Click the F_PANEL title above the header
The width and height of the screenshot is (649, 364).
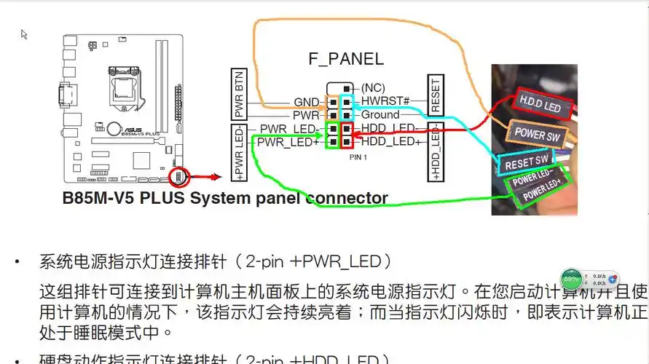click(x=345, y=60)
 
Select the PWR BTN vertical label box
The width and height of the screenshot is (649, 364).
click(x=239, y=95)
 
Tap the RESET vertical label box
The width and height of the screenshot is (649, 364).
click(x=436, y=95)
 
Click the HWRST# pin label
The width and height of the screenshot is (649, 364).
click(x=385, y=101)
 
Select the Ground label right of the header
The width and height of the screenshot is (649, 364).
click(x=380, y=114)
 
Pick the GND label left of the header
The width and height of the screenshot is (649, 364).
click(x=307, y=102)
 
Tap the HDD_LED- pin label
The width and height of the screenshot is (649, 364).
click(x=387, y=128)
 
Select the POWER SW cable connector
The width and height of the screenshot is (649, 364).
click(x=538, y=134)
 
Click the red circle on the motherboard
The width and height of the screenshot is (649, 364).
click(x=178, y=176)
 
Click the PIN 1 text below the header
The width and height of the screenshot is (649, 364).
click(x=358, y=157)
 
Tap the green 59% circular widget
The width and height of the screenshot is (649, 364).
click(x=571, y=279)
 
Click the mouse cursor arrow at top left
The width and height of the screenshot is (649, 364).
click(x=24, y=34)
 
